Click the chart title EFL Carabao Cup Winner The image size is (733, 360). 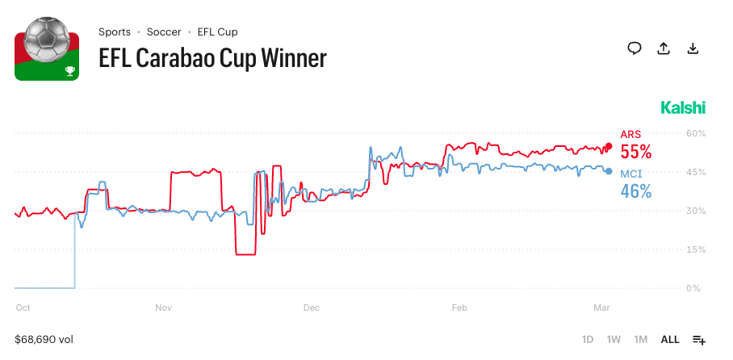tap(212, 58)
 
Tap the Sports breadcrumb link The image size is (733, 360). tap(115, 32)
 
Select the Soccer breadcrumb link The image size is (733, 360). tap(164, 32)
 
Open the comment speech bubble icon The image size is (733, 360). tap(635, 48)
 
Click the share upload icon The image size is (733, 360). tap(664, 48)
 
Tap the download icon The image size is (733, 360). tap(693, 48)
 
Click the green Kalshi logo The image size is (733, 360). tap(683, 108)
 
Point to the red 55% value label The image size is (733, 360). tap(635, 153)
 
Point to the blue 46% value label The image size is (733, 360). tap(635, 191)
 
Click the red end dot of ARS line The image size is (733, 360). tap(609, 146)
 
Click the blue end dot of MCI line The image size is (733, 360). tap(609, 171)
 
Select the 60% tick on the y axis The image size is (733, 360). tap(696, 133)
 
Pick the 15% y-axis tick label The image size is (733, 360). tap(696, 249)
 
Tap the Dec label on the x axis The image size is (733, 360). tap(312, 308)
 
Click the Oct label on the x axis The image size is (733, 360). tap(23, 308)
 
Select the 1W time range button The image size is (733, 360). tap(614, 340)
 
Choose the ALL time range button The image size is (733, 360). tap(670, 340)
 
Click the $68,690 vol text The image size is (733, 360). tap(44, 340)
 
